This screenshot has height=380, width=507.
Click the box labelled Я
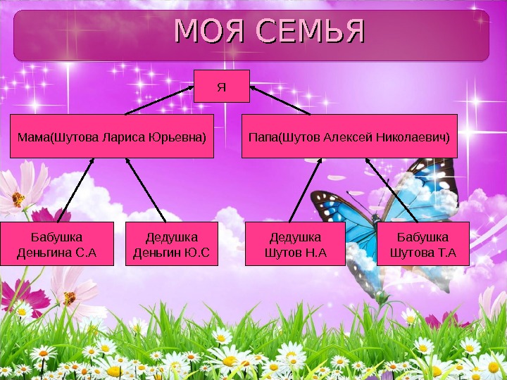pyautogui.click(x=222, y=87)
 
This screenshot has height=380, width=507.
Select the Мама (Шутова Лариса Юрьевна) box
pyautogui.click(x=112, y=135)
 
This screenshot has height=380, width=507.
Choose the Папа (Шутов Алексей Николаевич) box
pyautogui.click(x=350, y=135)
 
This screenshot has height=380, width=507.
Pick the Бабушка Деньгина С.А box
pyautogui.click(x=57, y=243)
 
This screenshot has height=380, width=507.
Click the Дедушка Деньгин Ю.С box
pyautogui.click(x=172, y=243)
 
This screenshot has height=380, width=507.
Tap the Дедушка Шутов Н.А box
pyautogui.click(x=295, y=243)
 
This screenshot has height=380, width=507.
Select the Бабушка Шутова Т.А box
pyautogui.click(x=423, y=243)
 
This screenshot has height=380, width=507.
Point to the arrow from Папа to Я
pyautogui.click(x=280, y=100)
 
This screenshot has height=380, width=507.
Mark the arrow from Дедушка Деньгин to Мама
pyautogui.click(x=146, y=190)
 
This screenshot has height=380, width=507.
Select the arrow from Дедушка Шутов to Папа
pyautogui.click(x=307, y=190)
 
